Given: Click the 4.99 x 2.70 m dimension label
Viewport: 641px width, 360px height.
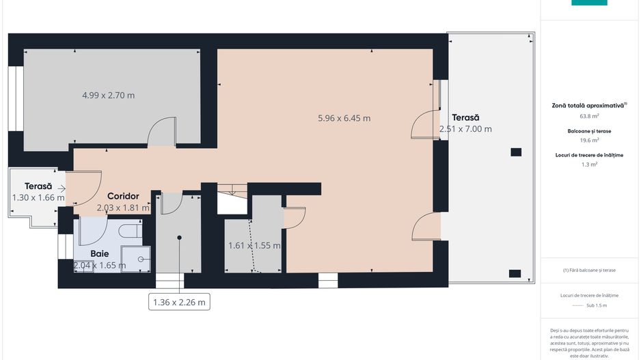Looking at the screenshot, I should coord(108,95).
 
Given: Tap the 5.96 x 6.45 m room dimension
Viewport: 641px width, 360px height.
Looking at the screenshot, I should coord(344,117).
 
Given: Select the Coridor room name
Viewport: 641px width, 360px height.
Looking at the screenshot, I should coord(123,196).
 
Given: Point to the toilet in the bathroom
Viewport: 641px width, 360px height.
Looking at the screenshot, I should coord(129,232).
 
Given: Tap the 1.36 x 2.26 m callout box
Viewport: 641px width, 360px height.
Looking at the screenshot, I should coord(179,302).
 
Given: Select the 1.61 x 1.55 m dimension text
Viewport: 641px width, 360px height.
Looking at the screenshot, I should coord(254,245).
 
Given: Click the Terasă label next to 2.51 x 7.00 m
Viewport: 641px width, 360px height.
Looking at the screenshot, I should coord(465,117).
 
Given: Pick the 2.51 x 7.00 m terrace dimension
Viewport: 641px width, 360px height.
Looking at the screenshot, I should coord(465,129).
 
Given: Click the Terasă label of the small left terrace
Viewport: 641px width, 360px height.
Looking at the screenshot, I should coord(38,186).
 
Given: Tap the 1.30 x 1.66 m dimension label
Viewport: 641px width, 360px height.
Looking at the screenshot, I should coord(38,197).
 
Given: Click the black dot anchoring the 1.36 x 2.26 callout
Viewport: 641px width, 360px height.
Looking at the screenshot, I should coord(179,238).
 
